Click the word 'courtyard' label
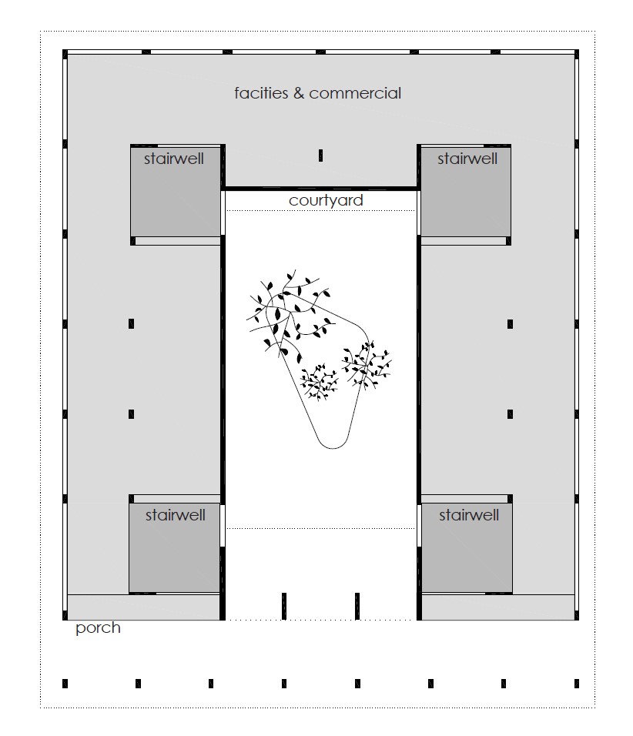click(x=326, y=200)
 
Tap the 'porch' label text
click(x=98, y=628)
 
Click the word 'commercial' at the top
click(x=355, y=93)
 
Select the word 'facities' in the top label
click(x=261, y=93)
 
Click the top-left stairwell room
click(x=176, y=192)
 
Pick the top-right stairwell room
click(x=465, y=192)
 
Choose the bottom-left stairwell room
click(x=175, y=547)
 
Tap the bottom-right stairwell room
click(x=467, y=547)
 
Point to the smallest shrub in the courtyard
click(x=320, y=382)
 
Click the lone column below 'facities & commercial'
click(x=320, y=156)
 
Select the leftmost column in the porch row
click(x=65, y=684)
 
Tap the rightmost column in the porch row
click(x=577, y=684)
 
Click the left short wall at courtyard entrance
click(x=284, y=606)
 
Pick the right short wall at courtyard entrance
click(x=357, y=606)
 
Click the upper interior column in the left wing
click(x=131, y=323)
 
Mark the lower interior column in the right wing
click(x=510, y=414)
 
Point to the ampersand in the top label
click(x=299, y=93)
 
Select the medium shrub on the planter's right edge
click(x=367, y=365)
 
